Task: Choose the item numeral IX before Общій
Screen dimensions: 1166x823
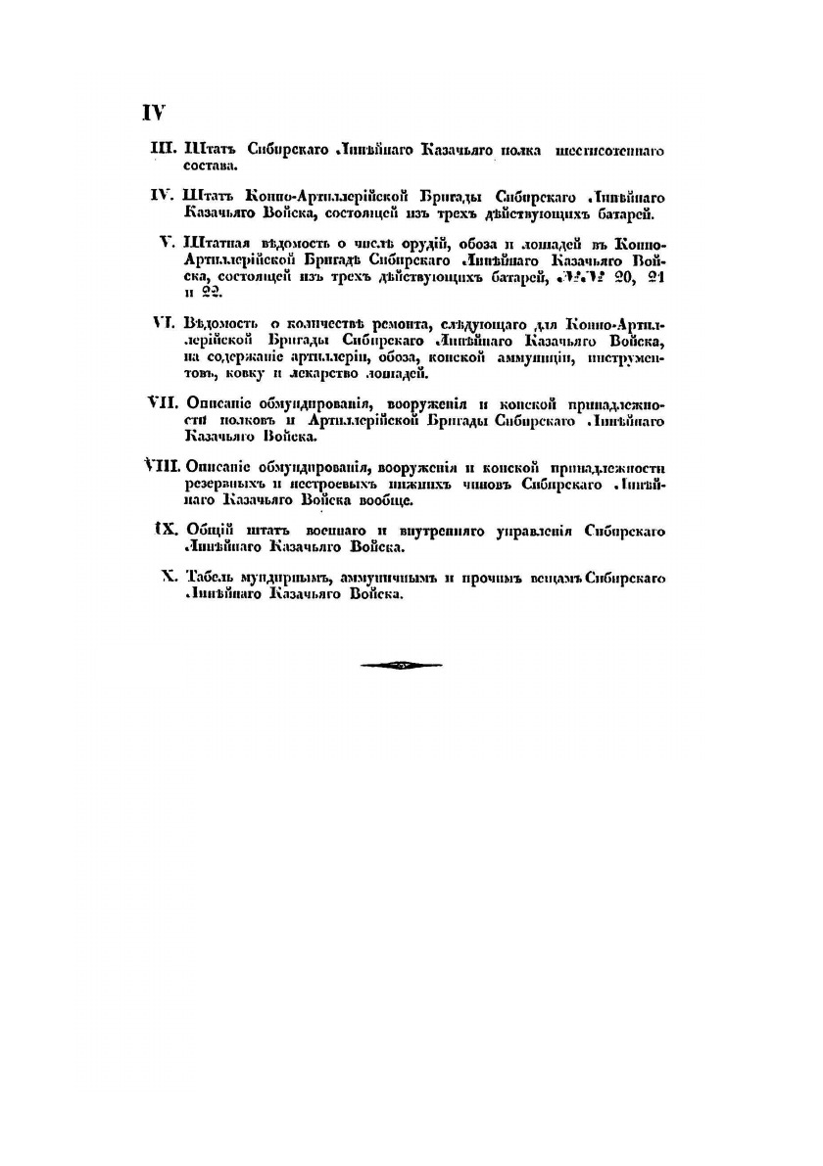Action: click(x=164, y=530)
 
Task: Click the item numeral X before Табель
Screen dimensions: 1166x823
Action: click(x=168, y=578)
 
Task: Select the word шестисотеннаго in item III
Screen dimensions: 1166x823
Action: click(x=610, y=152)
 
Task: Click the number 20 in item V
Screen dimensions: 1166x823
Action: click(x=617, y=277)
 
